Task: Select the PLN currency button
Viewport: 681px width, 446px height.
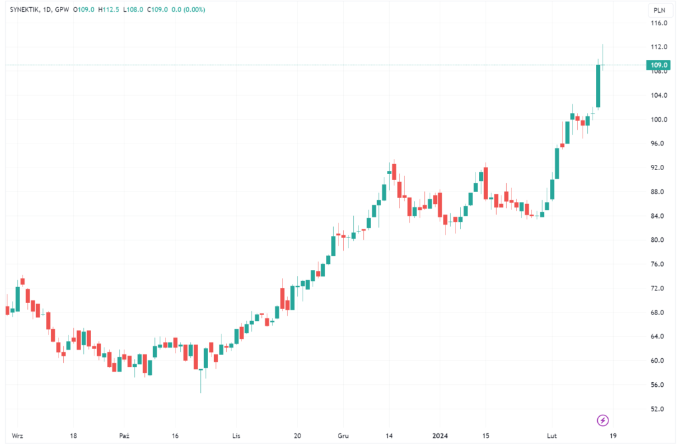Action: (659, 10)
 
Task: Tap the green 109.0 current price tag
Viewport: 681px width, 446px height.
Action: (659, 65)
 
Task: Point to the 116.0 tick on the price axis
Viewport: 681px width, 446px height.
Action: (660, 23)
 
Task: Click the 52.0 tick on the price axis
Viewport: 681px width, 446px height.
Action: (659, 409)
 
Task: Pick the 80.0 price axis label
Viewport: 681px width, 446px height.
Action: (659, 240)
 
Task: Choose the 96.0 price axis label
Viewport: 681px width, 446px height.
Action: (659, 144)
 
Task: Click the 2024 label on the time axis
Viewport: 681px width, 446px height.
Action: (441, 436)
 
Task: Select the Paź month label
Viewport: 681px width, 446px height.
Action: (124, 436)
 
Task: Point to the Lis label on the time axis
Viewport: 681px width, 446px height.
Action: (235, 436)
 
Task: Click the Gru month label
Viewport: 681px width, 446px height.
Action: (343, 436)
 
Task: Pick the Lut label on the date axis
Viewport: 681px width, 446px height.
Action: (551, 436)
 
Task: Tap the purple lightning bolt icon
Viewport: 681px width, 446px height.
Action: (603, 420)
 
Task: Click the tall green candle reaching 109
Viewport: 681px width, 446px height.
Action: (599, 86)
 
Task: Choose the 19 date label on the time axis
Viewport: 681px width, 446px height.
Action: (612, 436)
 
